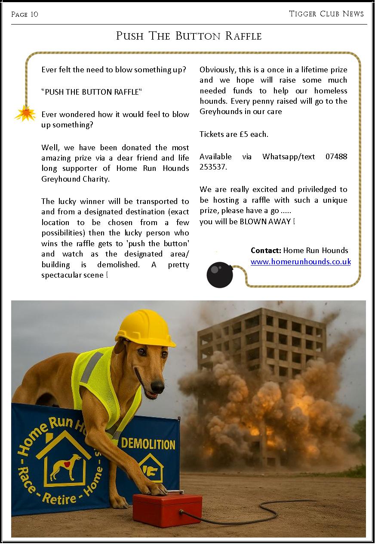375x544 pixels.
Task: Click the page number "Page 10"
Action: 25,15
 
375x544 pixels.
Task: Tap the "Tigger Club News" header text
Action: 326,14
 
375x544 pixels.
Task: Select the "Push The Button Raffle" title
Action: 188,36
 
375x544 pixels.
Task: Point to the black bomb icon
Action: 219,275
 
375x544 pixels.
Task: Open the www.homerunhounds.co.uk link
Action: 301,261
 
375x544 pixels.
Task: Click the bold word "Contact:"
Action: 266,250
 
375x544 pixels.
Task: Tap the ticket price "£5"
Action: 244,134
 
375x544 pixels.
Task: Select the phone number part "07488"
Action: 336,157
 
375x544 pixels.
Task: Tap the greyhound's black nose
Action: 158,386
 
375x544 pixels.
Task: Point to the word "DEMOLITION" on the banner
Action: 148,444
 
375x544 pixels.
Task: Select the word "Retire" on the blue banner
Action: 60,498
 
